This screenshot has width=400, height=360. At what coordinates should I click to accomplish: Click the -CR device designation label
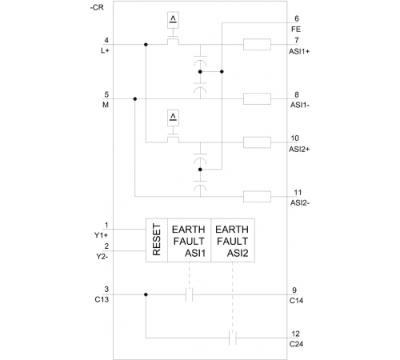(x=97, y=7)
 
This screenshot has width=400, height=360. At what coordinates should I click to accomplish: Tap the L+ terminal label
(x=105, y=50)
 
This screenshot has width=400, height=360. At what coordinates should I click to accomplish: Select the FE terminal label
(x=296, y=29)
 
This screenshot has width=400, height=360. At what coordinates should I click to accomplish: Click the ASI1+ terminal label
(x=299, y=51)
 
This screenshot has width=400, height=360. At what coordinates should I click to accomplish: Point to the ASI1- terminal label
(x=300, y=105)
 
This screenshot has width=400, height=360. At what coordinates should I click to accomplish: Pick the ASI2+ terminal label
(x=299, y=149)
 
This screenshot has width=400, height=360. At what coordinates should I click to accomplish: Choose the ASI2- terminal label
(x=300, y=203)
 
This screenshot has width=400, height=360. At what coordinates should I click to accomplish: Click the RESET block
(x=157, y=240)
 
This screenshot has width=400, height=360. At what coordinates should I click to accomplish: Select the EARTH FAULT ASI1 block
(x=189, y=240)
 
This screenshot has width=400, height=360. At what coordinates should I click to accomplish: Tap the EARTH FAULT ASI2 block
(x=233, y=240)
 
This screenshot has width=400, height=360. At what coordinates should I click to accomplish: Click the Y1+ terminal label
(x=101, y=235)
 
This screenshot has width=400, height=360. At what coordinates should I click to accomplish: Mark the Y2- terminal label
(x=102, y=257)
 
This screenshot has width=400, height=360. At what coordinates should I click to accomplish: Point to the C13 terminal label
(x=102, y=299)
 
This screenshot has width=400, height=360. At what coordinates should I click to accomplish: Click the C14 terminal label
(x=296, y=301)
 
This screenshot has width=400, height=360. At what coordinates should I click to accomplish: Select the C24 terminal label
(x=296, y=344)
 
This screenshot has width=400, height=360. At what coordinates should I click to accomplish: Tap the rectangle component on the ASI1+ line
(x=257, y=44)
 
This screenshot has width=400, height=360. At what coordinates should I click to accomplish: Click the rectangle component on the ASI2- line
(x=257, y=197)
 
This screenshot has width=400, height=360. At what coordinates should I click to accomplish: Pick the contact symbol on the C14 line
(x=189, y=294)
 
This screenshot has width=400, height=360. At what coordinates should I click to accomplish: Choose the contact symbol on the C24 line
(x=233, y=338)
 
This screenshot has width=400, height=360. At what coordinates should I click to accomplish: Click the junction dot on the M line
(x=135, y=99)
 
